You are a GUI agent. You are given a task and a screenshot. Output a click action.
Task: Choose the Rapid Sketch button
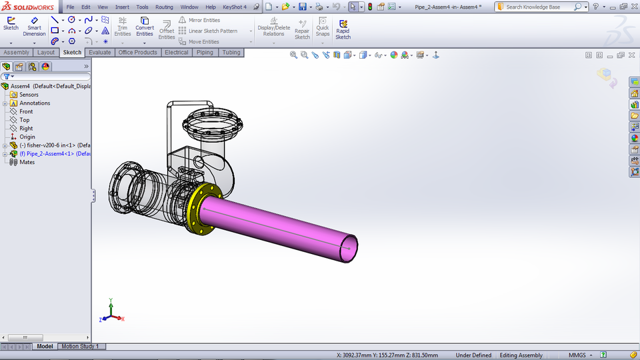click(x=343, y=29)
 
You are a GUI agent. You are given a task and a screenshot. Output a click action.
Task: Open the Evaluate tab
click(x=100, y=52)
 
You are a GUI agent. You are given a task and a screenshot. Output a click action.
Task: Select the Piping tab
click(x=205, y=52)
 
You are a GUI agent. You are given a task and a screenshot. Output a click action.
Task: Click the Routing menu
click(x=164, y=7)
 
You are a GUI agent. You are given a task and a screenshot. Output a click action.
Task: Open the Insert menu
click(x=122, y=7)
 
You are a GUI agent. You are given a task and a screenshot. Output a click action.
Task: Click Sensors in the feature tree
click(x=29, y=95)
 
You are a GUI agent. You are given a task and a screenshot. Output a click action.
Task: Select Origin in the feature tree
click(x=27, y=137)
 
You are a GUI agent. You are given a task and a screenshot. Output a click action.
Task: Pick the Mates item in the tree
click(x=27, y=162)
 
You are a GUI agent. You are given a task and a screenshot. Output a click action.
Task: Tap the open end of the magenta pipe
click(x=349, y=247)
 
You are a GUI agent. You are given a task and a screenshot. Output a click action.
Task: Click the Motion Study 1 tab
click(x=80, y=346)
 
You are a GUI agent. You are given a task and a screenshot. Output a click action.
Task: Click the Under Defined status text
click(x=473, y=355)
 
